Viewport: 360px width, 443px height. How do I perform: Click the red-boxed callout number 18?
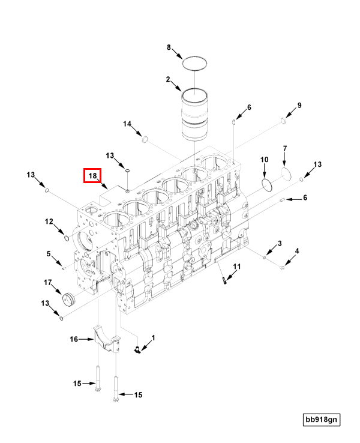93,176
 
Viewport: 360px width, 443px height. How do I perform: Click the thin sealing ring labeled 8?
195,63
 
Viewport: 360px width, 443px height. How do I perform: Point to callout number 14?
127,124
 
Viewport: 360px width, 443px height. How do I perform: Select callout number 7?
285,148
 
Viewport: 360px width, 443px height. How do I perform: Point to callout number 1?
153,338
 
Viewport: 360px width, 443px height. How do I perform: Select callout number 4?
296,251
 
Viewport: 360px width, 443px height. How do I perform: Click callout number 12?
49,221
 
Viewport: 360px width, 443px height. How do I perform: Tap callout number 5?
49,253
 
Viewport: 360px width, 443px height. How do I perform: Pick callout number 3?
279,243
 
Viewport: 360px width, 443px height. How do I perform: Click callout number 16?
74,339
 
